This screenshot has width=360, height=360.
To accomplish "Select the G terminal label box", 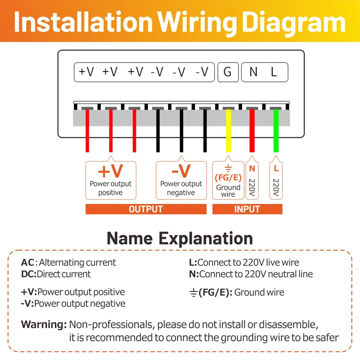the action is tap(228, 72).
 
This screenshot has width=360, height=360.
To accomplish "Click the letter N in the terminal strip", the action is tap(253, 72).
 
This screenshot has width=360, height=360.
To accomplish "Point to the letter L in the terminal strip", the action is tap(274, 72).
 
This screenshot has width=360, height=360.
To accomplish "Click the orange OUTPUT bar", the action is tap(146, 209).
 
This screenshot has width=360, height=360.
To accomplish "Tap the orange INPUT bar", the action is tap(247, 209).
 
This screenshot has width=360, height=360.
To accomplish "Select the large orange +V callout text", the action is tap(110, 171).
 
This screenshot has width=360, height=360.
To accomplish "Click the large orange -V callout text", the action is tap(181, 171).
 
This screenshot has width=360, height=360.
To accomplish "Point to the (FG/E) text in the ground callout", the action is tap(228, 177).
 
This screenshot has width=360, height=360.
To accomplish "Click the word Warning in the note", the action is tap(44, 324).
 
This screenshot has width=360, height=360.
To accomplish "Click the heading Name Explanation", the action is tap(180, 238).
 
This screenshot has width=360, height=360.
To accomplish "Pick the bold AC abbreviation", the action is tap(27, 262).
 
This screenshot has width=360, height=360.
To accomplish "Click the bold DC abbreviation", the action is tap(28, 274).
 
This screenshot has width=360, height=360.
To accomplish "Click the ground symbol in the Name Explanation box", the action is tap(193, 293).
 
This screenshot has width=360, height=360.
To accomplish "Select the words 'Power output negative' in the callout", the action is tap(181, 188).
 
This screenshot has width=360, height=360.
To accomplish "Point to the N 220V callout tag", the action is tap(252, 180).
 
